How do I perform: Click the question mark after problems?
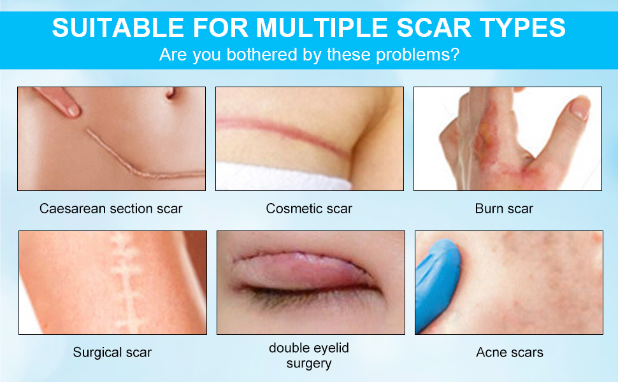455,55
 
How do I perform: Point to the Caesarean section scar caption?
111,208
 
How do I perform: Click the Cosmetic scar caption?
309,208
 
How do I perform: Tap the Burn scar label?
504,208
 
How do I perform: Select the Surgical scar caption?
112,352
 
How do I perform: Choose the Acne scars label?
510,352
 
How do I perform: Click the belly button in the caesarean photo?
170,94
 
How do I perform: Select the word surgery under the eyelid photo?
309,364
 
